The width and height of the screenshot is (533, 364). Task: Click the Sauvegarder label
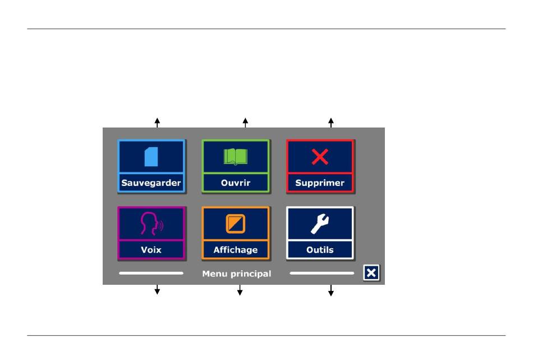click(151, 183)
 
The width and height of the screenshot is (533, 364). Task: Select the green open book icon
click(236, 156)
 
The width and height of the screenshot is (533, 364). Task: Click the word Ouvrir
click(236, 183)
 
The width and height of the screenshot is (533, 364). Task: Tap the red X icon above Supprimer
click(320, 157)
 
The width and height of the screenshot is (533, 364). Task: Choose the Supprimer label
click(320, 183)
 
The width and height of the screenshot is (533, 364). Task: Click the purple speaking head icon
click(151, 224)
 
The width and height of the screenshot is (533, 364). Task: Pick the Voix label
click(151, 250)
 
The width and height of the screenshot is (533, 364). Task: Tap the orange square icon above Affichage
click(236, 224)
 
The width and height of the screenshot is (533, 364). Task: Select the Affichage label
click(236, 250)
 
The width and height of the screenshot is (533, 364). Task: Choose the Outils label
click(320, 250)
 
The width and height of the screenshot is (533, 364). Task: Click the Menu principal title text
click(236, 274)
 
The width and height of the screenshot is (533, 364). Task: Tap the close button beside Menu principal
click(371, 273)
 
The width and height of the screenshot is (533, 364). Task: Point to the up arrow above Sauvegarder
click(157, 122)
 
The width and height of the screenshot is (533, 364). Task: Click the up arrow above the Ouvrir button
click(245, 122)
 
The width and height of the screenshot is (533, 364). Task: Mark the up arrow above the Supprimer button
click(330, 122)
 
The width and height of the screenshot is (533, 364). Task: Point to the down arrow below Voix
click(157, 290)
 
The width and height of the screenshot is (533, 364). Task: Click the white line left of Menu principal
click(151, 274)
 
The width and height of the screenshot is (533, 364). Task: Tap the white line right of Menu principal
click(321, 274)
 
